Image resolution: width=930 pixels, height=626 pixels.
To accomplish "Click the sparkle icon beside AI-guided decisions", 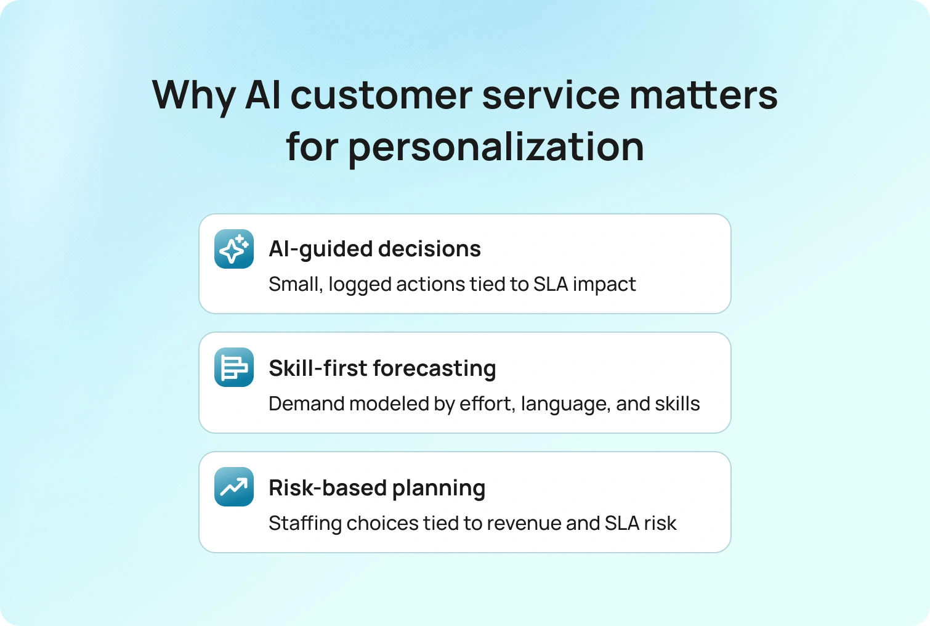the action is point(234,249).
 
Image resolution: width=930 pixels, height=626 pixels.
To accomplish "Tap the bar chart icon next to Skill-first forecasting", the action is point(234,367).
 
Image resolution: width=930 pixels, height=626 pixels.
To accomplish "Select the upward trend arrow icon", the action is point(234,487).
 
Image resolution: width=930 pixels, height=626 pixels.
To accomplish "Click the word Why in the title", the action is point(194,97).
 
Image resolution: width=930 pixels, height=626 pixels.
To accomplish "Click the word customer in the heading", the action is point(381,96).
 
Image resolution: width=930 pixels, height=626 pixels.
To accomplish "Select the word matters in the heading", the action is point(704,96).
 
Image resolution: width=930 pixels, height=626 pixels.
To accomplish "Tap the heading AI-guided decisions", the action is point(374,250).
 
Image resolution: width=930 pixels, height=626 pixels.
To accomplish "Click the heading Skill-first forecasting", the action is point(382,368).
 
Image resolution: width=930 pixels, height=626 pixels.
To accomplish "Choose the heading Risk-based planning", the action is point(377,487).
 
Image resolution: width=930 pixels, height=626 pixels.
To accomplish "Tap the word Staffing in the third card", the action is point(305,523).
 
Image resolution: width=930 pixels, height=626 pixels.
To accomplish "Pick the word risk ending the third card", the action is point(660,522).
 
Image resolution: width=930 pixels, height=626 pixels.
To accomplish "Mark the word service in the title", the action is point(551,96).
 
